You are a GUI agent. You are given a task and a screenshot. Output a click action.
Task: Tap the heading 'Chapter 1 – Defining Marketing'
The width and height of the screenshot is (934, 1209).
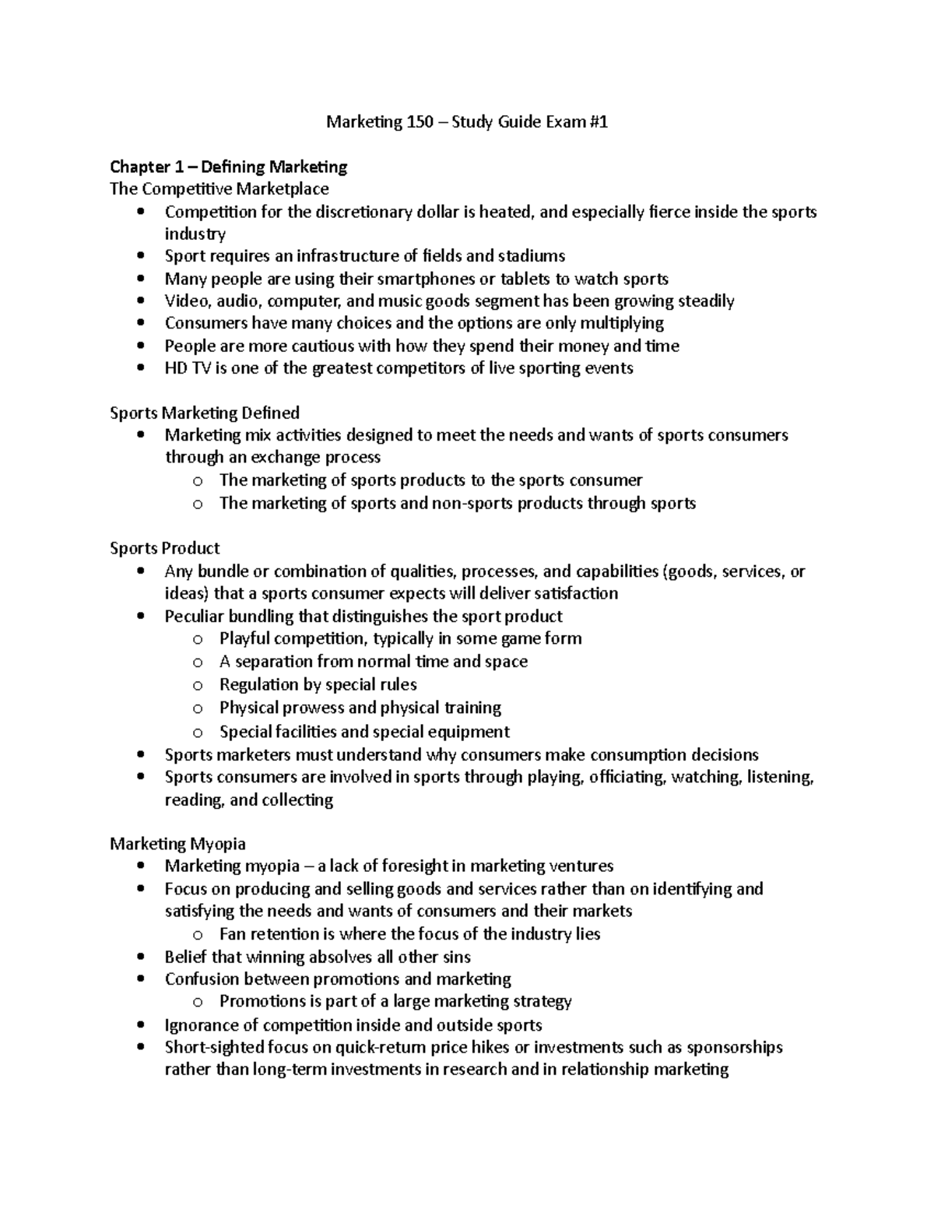(228, 167)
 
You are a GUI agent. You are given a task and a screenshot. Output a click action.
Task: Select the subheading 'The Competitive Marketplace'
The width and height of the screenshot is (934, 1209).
(219, 189)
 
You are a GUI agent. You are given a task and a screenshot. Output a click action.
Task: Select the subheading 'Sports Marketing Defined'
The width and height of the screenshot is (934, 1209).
(205, 413)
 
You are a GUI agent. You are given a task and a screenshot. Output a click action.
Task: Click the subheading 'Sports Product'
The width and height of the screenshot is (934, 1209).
(165, 548)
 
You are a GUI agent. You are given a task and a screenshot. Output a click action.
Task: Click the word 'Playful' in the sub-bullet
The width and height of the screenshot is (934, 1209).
(244, 638)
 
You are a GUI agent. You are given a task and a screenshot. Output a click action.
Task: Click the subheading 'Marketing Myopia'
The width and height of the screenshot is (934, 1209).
(177, 844)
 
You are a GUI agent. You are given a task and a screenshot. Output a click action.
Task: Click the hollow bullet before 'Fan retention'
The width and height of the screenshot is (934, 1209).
(198, 935)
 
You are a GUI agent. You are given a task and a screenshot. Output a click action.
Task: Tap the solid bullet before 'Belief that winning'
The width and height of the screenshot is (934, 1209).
(140, 957)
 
